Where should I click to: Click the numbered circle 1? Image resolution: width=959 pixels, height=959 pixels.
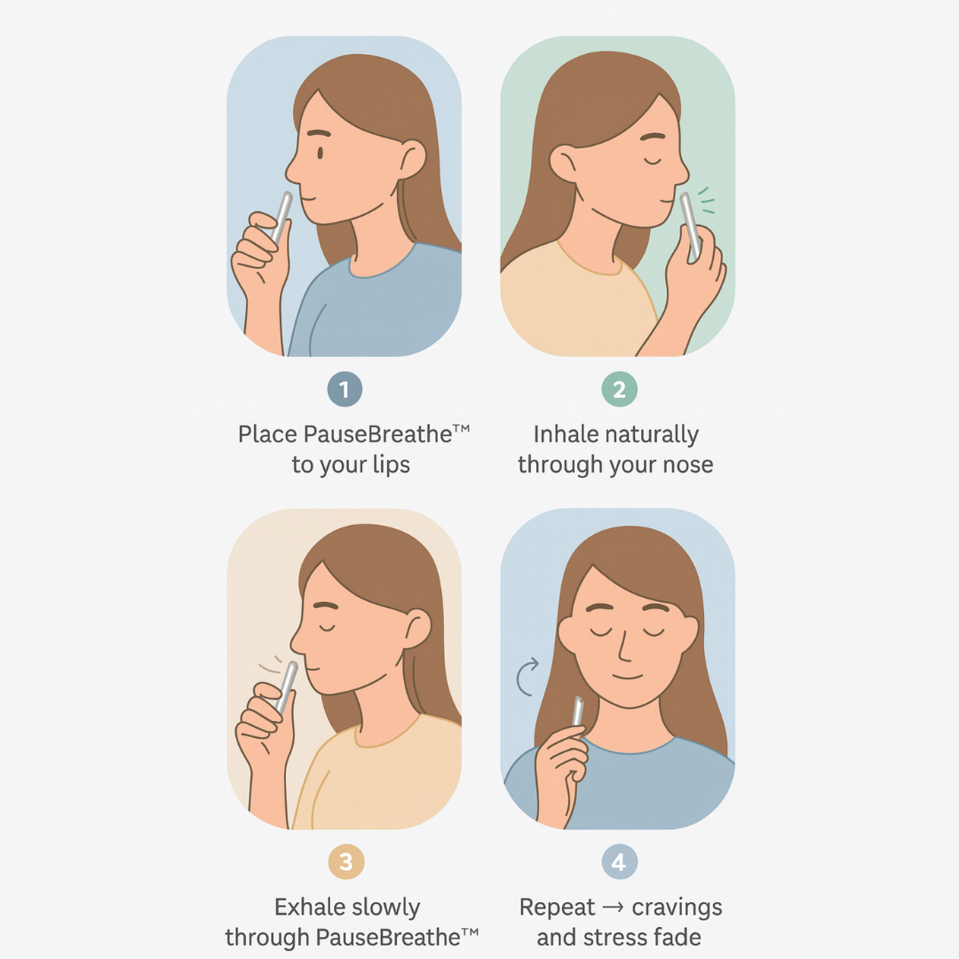click(345, 389)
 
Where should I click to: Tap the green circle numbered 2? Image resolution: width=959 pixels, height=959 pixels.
click(619, 389)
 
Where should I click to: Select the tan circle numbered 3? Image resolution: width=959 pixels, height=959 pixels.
click(346, 861)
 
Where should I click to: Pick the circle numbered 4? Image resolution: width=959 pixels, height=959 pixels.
click(620, 861)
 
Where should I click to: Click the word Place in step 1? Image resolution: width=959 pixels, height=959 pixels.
click(267, 434)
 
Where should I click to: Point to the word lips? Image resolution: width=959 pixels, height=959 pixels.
click(391, 465)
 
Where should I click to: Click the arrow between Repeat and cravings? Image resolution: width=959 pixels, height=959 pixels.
click(614, 907)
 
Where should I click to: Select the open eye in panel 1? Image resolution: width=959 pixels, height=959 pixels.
click(320, 153)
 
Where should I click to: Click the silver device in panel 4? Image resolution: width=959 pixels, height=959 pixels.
click(577, 710)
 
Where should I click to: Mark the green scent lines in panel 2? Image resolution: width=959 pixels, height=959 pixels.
click(707, 201)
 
